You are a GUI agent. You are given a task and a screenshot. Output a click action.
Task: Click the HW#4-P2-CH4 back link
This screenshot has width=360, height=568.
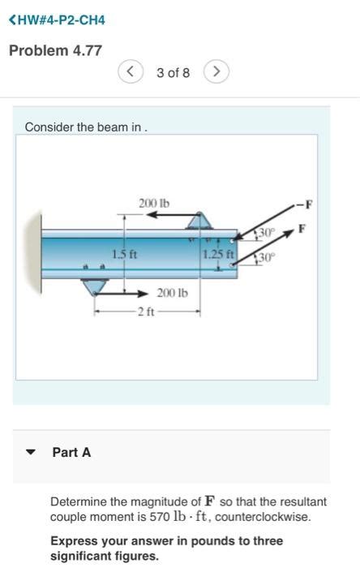57,19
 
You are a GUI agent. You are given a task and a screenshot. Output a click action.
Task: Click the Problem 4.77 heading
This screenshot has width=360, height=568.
55,50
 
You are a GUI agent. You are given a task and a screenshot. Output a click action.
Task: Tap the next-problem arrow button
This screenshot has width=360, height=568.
216,72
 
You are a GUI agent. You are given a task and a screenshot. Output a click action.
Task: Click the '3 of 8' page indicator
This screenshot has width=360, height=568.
173,73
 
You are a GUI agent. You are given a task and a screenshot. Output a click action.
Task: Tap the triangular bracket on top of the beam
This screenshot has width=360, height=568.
200,220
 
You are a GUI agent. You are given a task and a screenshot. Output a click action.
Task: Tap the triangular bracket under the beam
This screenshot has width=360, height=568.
96,286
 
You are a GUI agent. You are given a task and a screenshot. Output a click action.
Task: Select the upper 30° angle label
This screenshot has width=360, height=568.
267,233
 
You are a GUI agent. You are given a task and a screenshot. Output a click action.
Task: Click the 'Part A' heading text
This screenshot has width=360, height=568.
71,452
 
